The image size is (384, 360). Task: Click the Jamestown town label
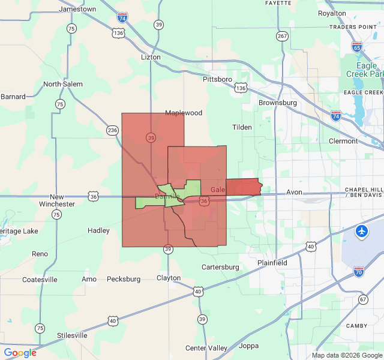click(x=78, y=9)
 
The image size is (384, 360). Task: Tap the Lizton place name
click(x=150, y=57)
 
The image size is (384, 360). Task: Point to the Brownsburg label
click(x=278, y=103)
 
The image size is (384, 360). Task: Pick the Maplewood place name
click(x=184, y=113)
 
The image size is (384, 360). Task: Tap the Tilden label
click(x=242, y=127)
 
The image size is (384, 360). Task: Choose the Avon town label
click(x=294, y=193)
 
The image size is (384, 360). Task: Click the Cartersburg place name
click(x=220, y=267)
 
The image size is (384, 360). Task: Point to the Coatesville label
click(x=40, y=280)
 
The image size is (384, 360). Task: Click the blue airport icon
click(x=362, y=231)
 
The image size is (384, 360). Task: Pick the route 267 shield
click(x=282, y=36)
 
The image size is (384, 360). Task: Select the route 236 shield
click(x=112, y=130)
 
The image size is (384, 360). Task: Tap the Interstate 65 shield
click(x=357, y=47)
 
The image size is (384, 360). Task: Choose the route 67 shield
click(x=362, y=299)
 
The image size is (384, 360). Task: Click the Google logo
click(x=20, y=353)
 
